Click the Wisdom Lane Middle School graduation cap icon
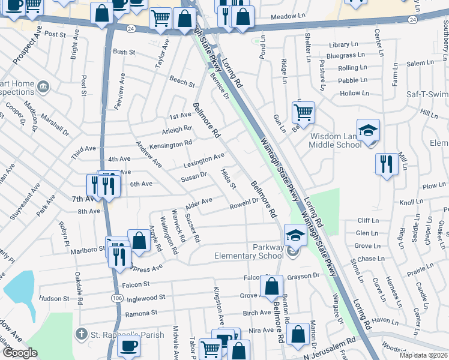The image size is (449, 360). coord(368,130)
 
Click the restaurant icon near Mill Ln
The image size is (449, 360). coord(384,164)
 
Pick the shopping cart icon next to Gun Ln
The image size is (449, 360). coord(303,112)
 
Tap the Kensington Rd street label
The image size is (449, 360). coord(171,143)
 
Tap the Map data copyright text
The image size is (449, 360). coord(423,355)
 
